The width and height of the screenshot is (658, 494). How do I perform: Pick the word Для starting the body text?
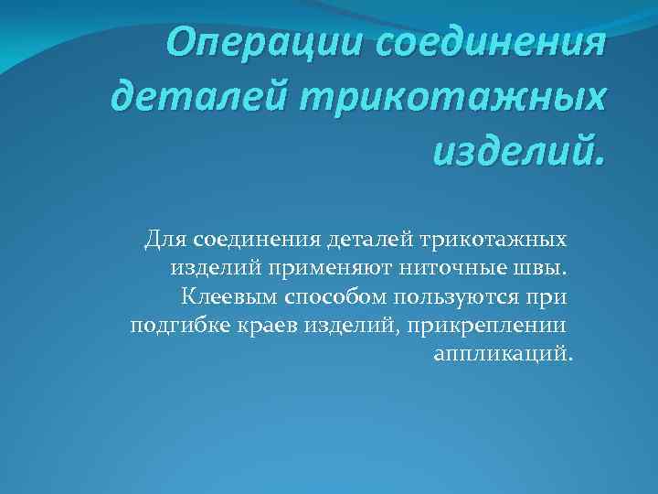[x=165, y=240]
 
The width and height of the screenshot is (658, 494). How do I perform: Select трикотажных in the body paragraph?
[x=493, y=240]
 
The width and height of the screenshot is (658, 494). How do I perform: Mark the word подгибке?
[x=175, y=326]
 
